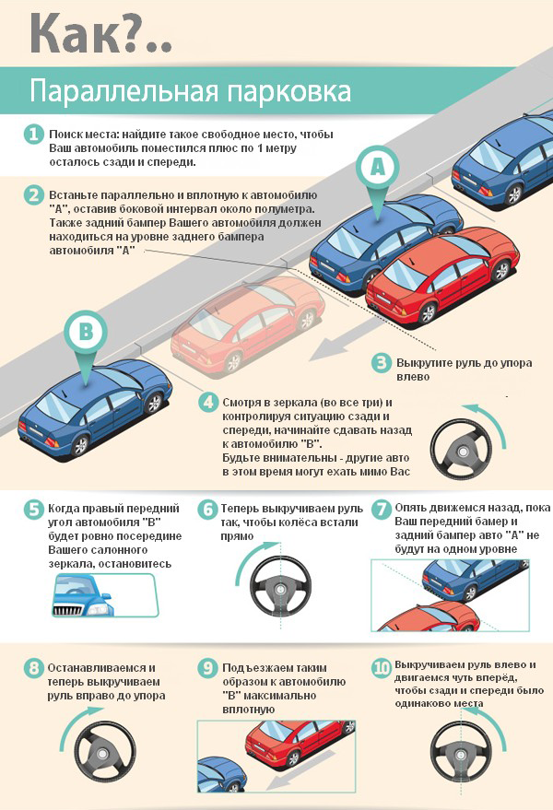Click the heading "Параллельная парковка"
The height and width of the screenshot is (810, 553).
(190, 92)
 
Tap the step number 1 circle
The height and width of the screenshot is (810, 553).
(33, 135)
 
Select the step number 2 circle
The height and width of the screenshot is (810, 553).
(33, 195)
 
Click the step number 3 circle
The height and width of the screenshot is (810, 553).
(382, 363)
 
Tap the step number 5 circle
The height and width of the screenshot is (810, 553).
(33, 510)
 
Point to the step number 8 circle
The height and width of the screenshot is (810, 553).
(33, 668)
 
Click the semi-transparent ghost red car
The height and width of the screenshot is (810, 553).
(244, 327)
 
